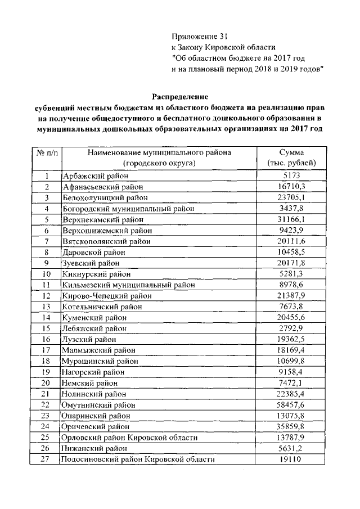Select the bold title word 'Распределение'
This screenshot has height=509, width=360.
click(178, 96)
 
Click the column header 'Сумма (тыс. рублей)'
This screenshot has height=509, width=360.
click(291, 157)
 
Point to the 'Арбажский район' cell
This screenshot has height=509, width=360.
click(90, 176)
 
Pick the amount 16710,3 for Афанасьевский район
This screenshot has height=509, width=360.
click(291, 187)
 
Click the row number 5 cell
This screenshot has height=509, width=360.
click(47, 219)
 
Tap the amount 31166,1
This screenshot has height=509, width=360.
click(291, 219)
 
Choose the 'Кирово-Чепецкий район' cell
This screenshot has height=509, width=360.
click(102, 296)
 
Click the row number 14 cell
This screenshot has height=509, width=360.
click(47, 318)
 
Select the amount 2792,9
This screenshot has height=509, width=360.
click(291, 328)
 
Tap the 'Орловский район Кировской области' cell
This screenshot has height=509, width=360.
click(129, 438)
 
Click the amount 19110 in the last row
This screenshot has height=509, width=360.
click(291, 460)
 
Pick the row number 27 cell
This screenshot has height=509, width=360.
click(47, 460)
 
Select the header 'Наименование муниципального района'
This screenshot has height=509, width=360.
click(159, 152)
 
